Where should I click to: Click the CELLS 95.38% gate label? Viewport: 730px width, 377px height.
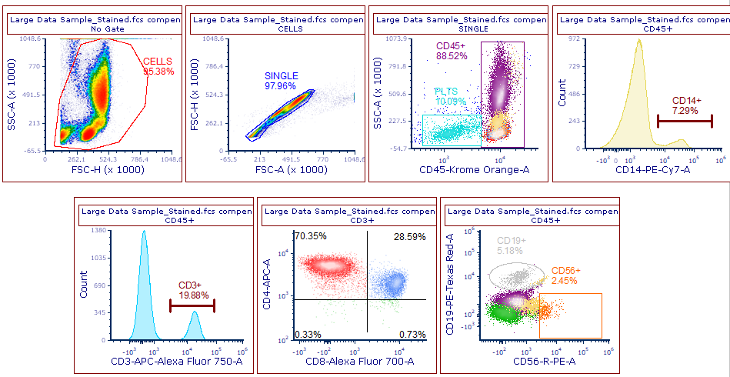pos(158,66)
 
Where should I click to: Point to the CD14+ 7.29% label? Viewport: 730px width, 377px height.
pos(686,105)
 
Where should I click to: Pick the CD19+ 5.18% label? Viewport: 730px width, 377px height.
pos(510,245)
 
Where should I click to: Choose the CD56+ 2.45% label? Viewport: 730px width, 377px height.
pos(566,275)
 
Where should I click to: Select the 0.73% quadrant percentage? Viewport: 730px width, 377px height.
pos(412,334)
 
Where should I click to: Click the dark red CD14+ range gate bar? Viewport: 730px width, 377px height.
pos(685,120)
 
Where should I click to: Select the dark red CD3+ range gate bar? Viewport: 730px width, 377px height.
pos(192,306)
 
